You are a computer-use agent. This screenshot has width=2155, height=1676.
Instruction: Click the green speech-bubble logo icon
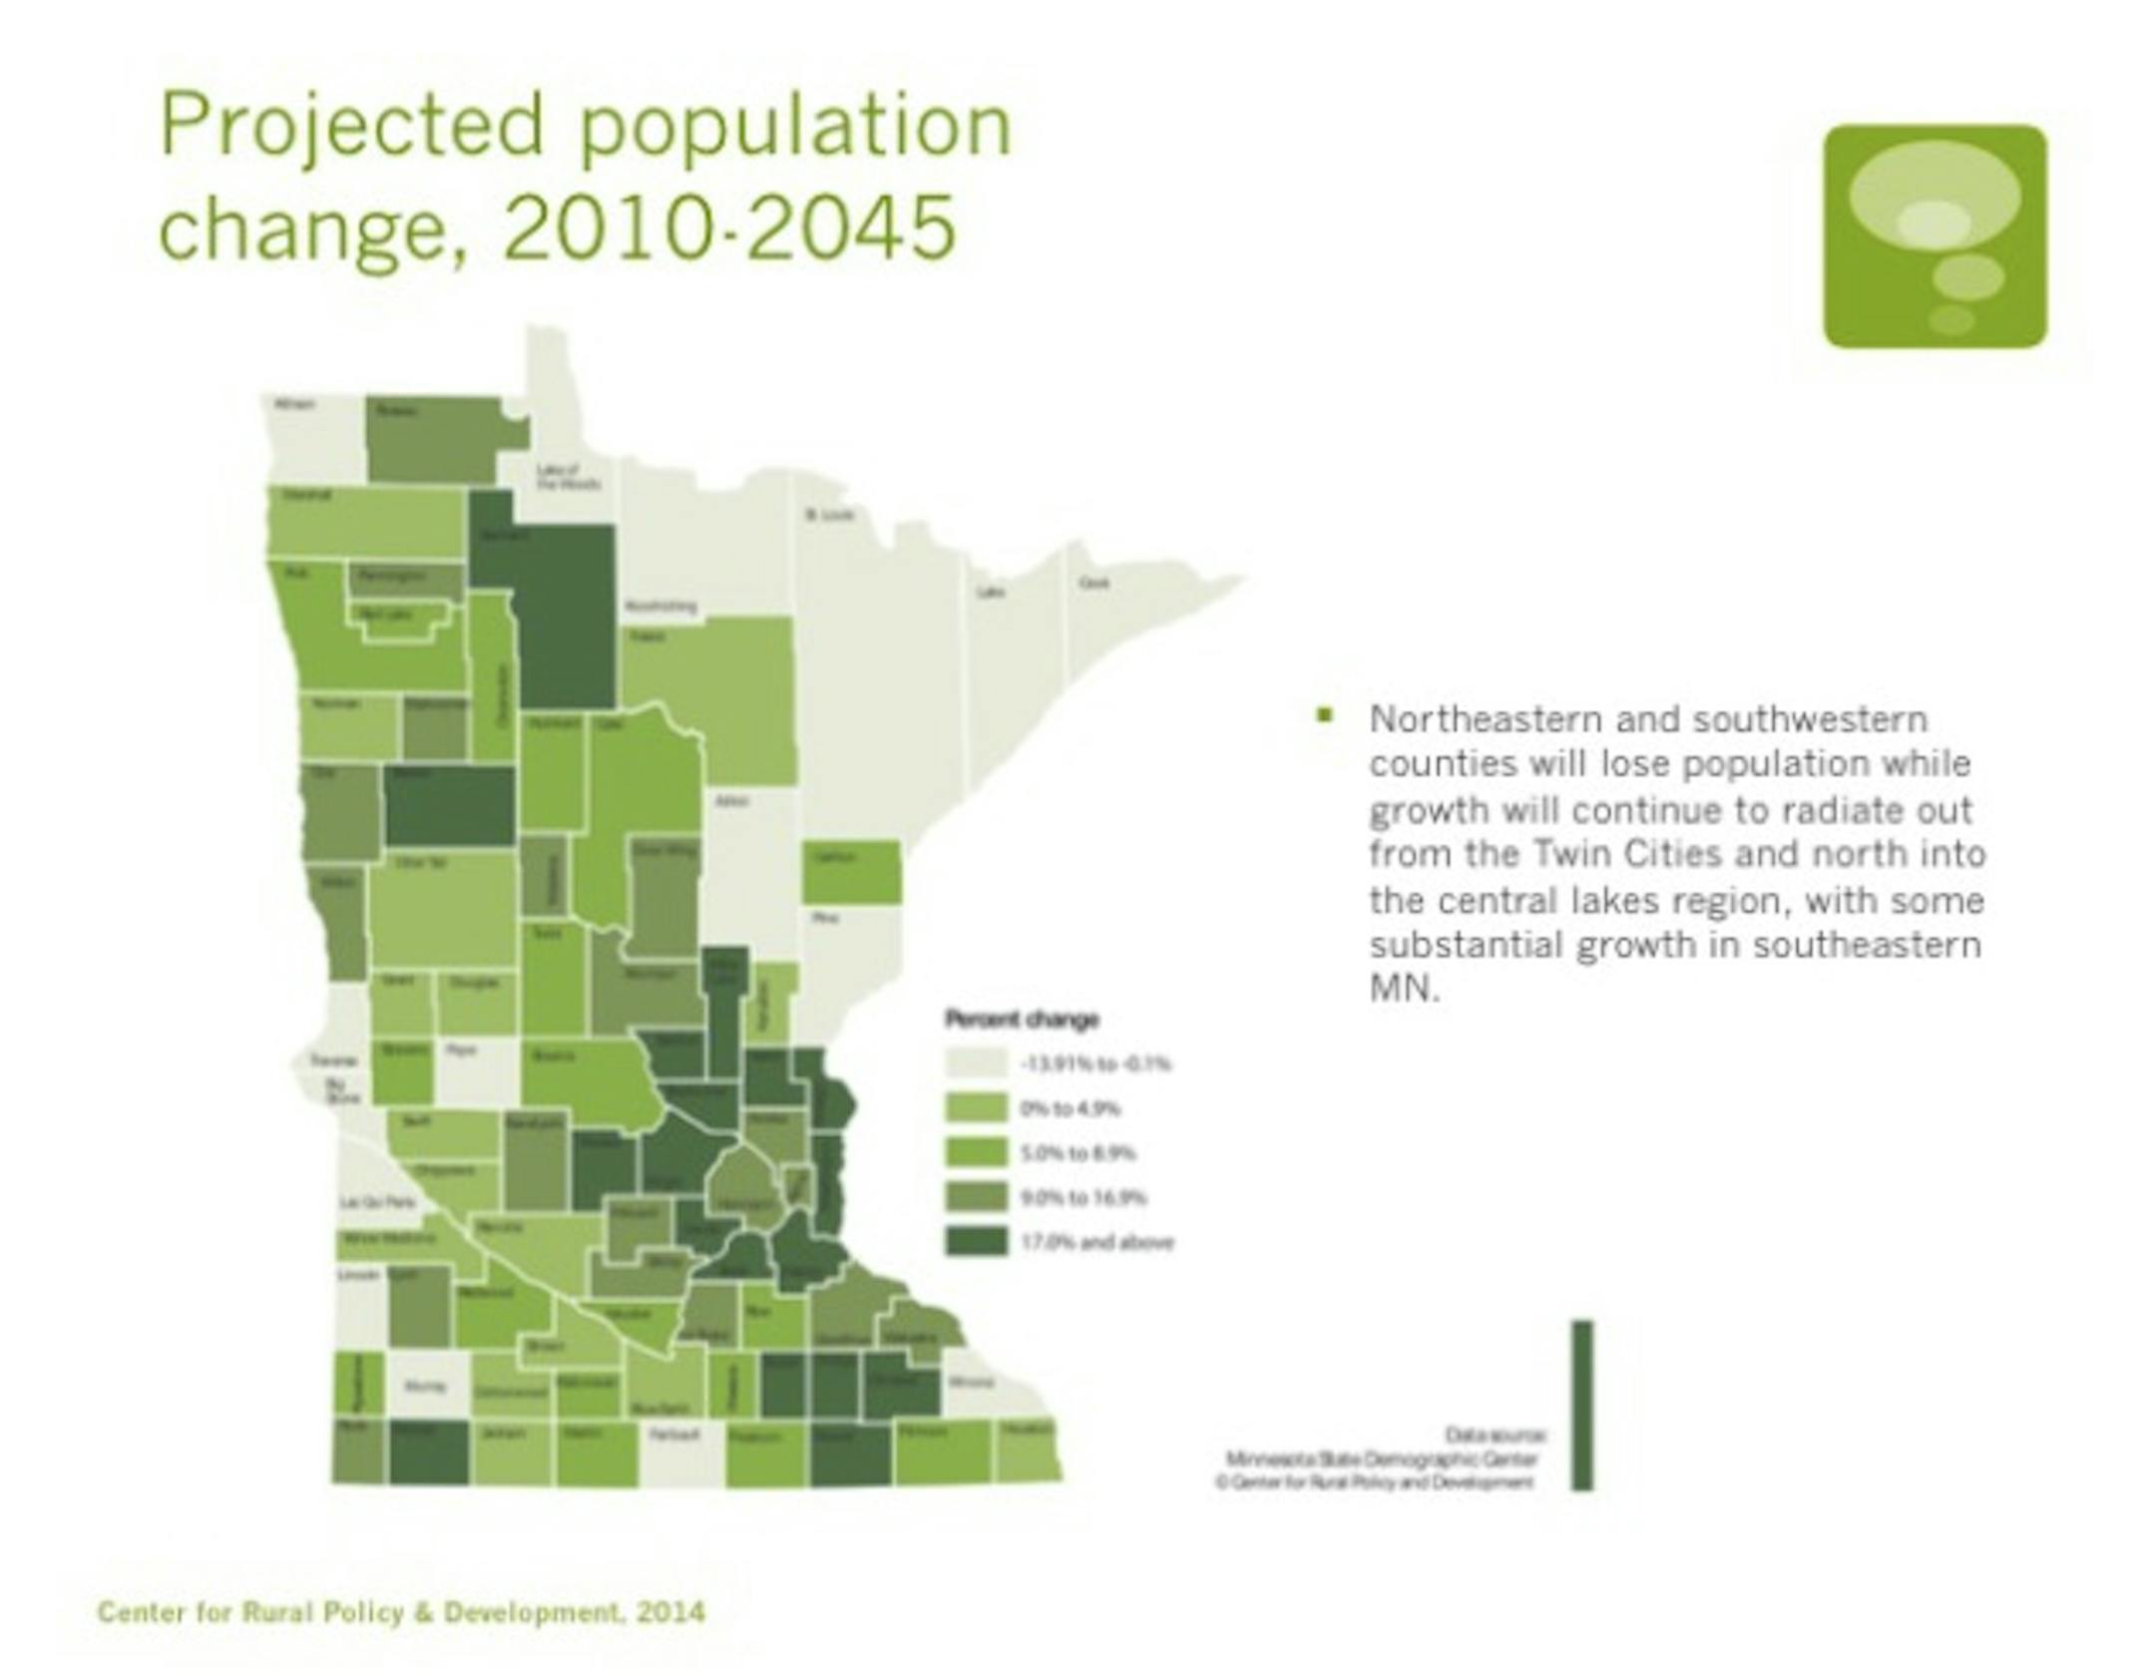pos(1935,236)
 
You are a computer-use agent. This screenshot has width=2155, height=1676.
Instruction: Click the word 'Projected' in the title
pos(352,127)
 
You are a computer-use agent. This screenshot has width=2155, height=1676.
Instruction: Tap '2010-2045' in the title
pos(729,227)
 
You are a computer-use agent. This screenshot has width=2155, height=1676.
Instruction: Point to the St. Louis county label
pos(830,515)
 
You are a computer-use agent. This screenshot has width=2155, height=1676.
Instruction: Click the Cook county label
pos(1093,583)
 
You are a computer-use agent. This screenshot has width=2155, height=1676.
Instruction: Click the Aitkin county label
pos(732,801)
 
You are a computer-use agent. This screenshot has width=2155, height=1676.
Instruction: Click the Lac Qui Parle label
pos(377,1203)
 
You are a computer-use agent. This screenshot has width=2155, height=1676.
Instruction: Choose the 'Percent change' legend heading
pos(1022,1019)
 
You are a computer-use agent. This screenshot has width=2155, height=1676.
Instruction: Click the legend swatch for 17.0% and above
pos(976,1242)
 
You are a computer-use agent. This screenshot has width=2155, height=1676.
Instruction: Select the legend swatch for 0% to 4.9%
pos(976,1108)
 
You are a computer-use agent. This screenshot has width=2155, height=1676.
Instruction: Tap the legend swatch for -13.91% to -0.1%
pos(976,1063)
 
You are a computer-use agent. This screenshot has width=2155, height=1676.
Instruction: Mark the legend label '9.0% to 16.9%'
pos(1082,1197)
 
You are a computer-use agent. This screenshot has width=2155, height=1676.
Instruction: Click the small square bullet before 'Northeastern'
pos(1325,714)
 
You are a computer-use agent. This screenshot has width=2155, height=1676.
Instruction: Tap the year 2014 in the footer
pos(670,1612)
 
